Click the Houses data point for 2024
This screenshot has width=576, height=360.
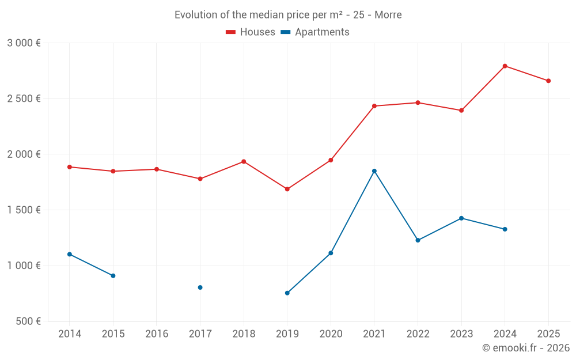(505, 66)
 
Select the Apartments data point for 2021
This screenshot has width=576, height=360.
(374, 171)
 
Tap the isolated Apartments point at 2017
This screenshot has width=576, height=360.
(200, 287)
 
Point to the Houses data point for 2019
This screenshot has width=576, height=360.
(287, 189)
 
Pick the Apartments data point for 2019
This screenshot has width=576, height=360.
(287, 293)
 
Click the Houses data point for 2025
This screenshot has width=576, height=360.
(548, 81)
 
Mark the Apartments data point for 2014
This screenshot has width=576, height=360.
(70, 254)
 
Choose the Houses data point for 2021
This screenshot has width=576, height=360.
(374, 106)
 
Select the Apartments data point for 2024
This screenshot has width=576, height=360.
(505, 229)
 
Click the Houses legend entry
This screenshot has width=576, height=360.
(251, 32)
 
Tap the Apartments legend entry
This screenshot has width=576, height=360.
(315, 32)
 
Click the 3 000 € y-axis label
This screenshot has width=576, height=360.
(24, 43)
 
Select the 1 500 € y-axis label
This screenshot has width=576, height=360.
(24, 210)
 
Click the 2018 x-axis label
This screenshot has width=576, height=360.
(244, 334)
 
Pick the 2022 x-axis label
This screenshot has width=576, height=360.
(418, 334)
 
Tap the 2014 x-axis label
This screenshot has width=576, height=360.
(70, 334)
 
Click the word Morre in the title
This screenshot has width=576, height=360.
(388, 15)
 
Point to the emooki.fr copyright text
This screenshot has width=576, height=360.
(525, 348)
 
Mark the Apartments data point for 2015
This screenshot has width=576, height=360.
(113, 276)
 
